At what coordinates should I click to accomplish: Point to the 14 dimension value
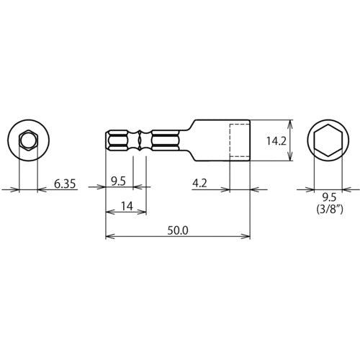coord(126,206)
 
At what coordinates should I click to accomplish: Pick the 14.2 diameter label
coord(276,142)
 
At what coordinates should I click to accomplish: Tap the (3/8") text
coord(328,210)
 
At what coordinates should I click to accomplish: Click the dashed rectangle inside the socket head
coord(239,140)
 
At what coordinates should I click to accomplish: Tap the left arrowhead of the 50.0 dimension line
coord(109,236)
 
